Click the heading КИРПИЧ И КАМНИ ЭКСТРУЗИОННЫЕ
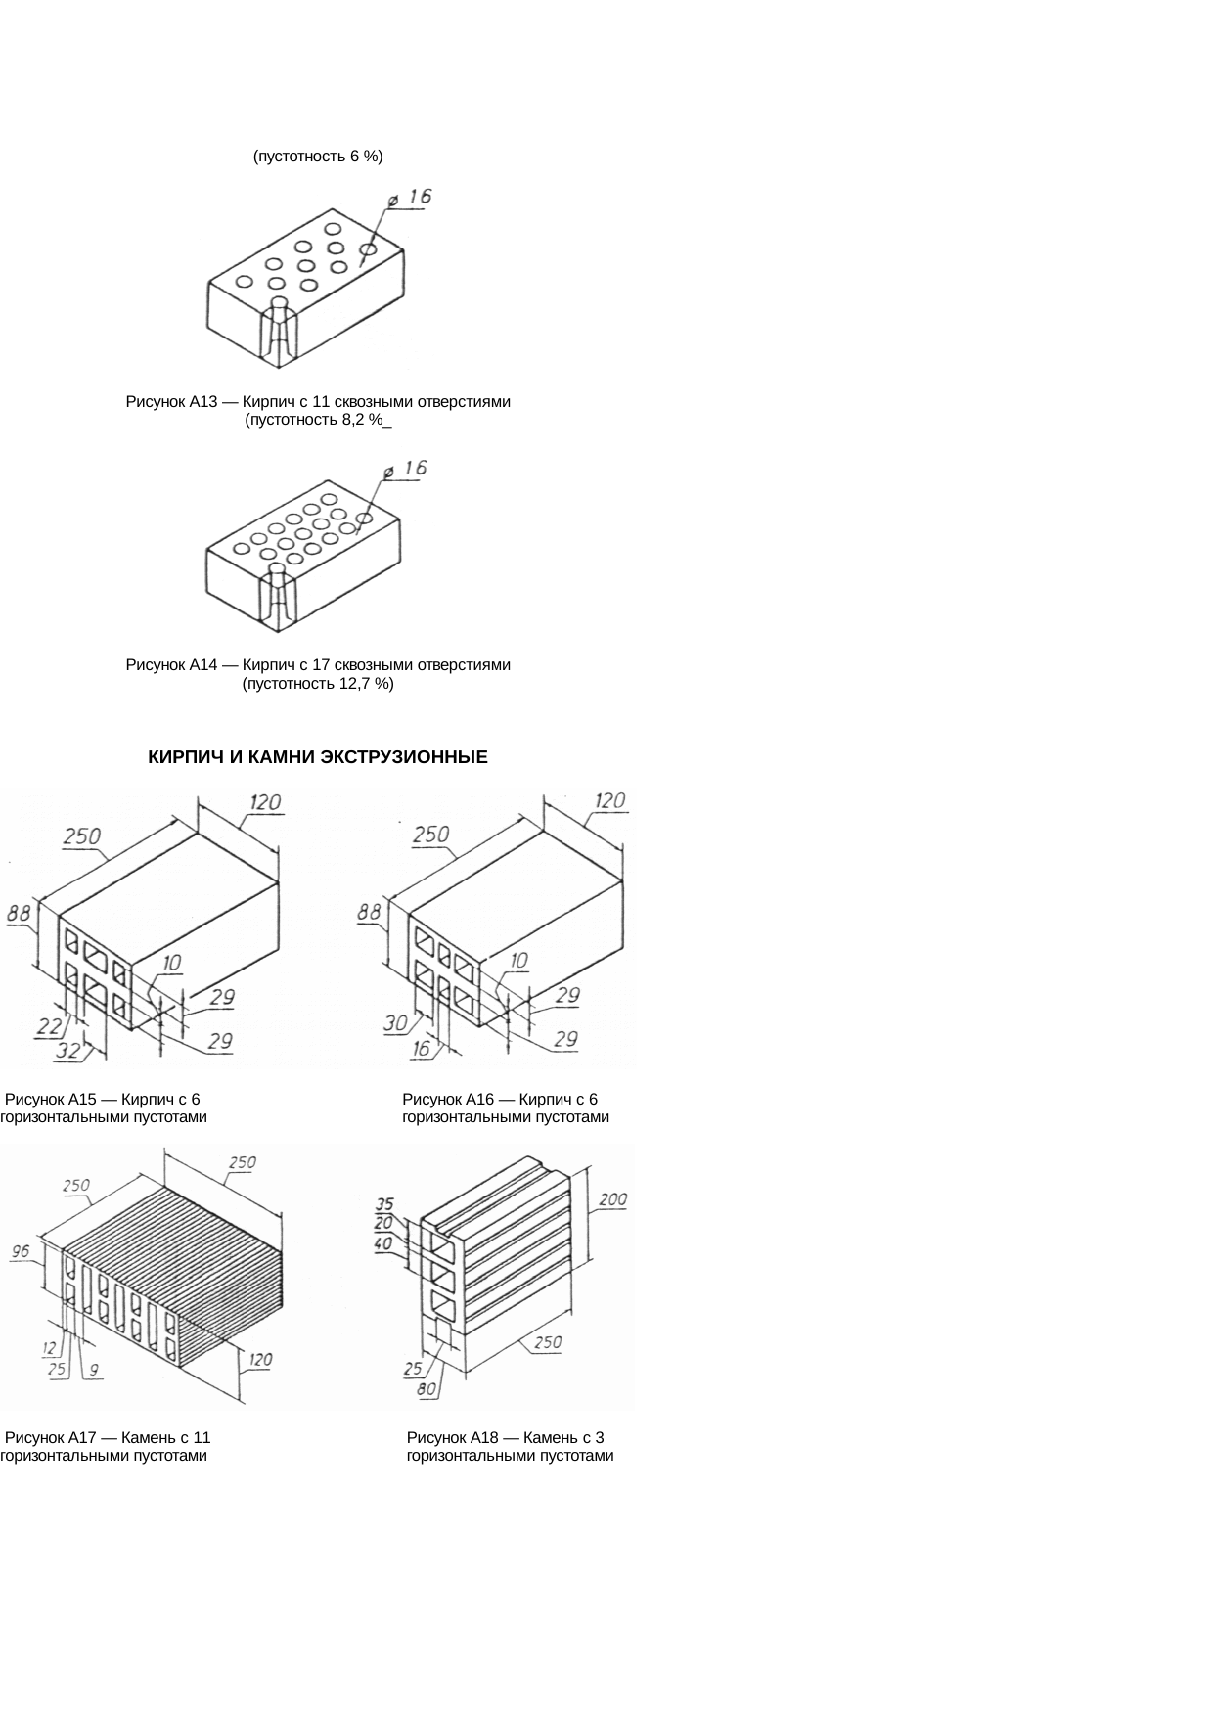[x=317, y=757]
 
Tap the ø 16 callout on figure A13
[x=410, y=198]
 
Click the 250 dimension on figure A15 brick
[x=82, y=836]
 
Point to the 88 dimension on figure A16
[x=369, y=912]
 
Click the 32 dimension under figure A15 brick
[x=67, y=1051]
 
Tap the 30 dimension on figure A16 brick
[x=395, y=1023]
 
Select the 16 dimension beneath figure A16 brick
[x=422, y=1049]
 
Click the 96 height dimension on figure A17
[x=21, y=1251]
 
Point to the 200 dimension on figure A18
[x=612, y=1199]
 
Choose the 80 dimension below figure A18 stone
[x=427, y=1388]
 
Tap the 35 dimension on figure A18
[x=384, y=1204]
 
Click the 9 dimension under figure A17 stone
[x=93, y=1370]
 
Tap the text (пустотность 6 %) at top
[x=317, y=156]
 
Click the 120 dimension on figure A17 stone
[x=260, y=1359]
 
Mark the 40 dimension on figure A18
[x=383, y=1243]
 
